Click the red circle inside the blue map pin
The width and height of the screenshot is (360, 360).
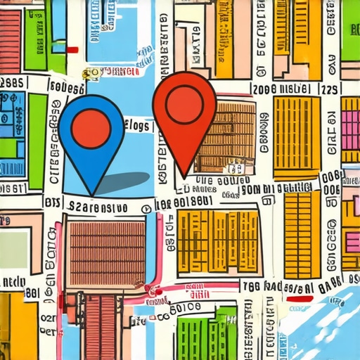[93, 127]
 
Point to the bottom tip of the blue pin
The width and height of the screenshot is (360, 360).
[91, 194]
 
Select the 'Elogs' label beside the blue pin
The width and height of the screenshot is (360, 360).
[135, 127]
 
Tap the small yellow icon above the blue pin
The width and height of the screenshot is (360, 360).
[89, 73]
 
